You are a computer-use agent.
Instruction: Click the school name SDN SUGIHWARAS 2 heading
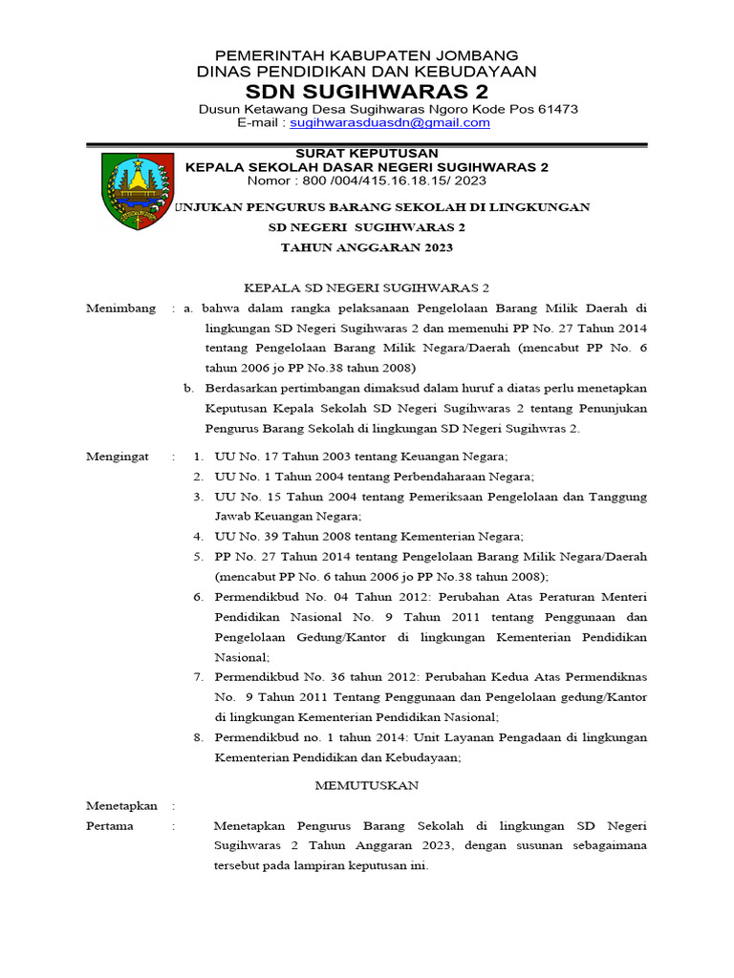[367, 92]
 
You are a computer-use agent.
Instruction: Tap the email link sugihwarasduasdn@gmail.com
[390, 123]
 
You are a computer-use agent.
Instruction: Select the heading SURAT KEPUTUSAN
[367, 153]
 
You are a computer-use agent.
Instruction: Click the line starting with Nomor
[367, 180]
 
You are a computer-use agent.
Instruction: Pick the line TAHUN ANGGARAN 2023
[366, 247]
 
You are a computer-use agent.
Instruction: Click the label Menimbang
[120, 308]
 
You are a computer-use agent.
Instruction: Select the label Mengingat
[118, 457]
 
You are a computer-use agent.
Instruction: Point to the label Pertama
[110, 825]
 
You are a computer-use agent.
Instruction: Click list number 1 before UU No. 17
[196, 457]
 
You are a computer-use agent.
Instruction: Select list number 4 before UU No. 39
[197, 536]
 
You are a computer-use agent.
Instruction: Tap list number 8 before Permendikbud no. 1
[197, 737]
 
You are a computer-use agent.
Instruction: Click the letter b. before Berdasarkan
[189, 388]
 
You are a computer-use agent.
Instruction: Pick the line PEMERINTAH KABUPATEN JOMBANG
[367, 55]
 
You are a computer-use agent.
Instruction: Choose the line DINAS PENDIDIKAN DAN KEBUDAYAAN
[367, 72]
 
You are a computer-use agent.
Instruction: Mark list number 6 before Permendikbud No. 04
[197, 596]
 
